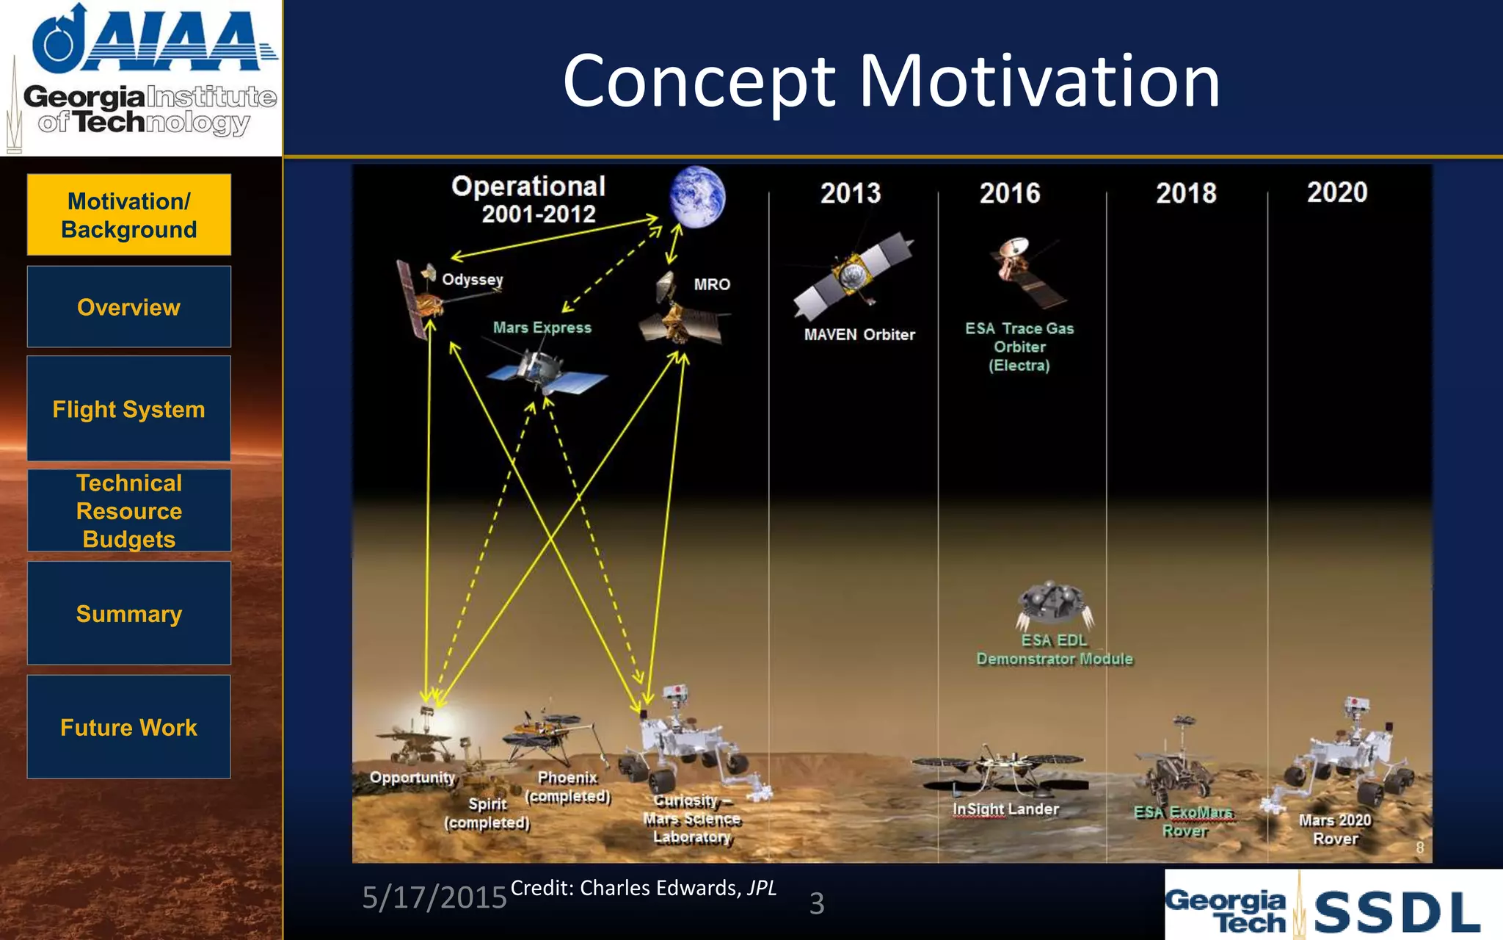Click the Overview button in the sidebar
click(128, 307)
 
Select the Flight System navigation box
click(128, 409)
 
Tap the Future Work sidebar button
click(128, 727)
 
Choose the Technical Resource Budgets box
click(128, 511)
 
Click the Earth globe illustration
click(696, 197)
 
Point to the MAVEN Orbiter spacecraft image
click(854, 275)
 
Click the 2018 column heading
click(1186, 193)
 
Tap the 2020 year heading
click(1336, 192)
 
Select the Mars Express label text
click(542, 328)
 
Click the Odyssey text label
click(473, 280)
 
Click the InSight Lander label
click(1005, 809)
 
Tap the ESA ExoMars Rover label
click(1184, 821)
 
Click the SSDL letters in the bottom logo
click(1397, 911)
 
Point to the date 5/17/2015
click(434, 897)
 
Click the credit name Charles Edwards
click(658, 888)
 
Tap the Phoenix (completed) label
click(568, 787)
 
